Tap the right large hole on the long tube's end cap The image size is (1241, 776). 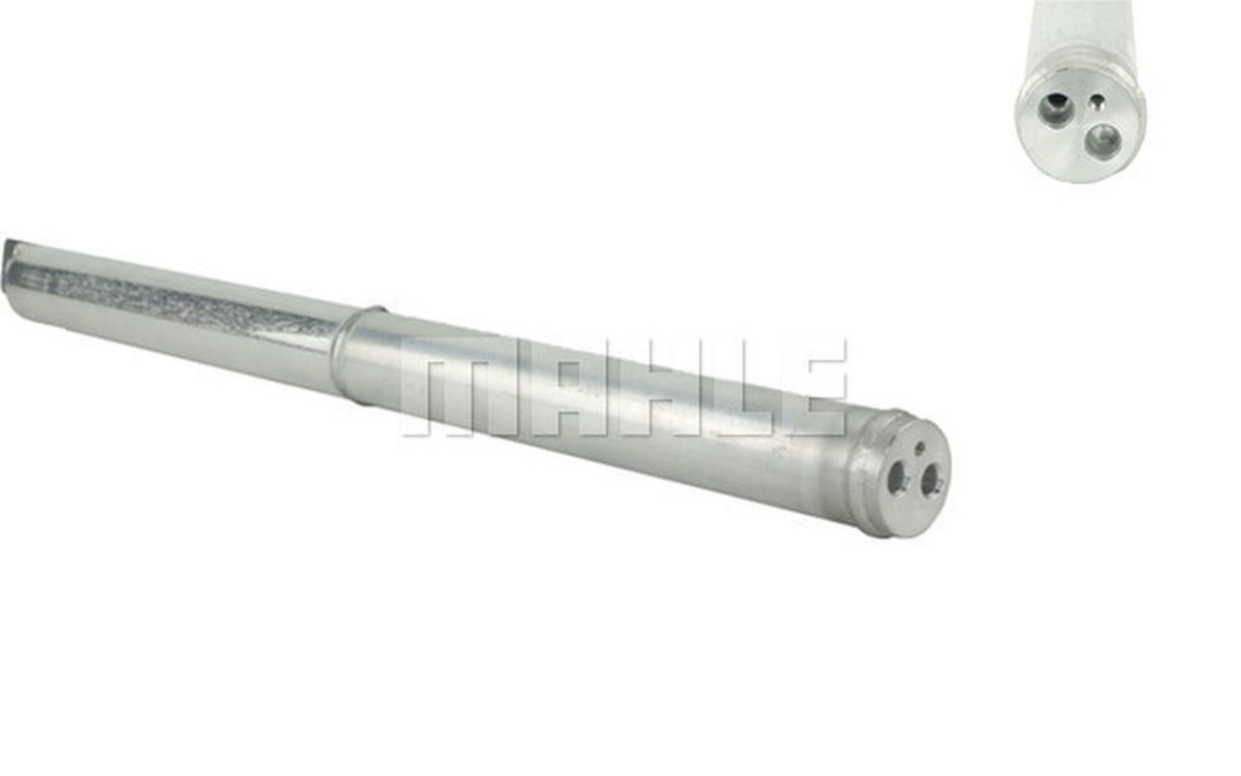(x=932, y=478)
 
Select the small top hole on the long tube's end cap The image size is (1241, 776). (x=919, y=449)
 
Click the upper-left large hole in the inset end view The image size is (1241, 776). (x=1056, y=109)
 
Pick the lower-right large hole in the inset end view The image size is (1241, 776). (x=1102, y=141)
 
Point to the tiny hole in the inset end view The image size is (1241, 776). (x=1096, y=99)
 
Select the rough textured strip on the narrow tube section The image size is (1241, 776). (x=194, y=302)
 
